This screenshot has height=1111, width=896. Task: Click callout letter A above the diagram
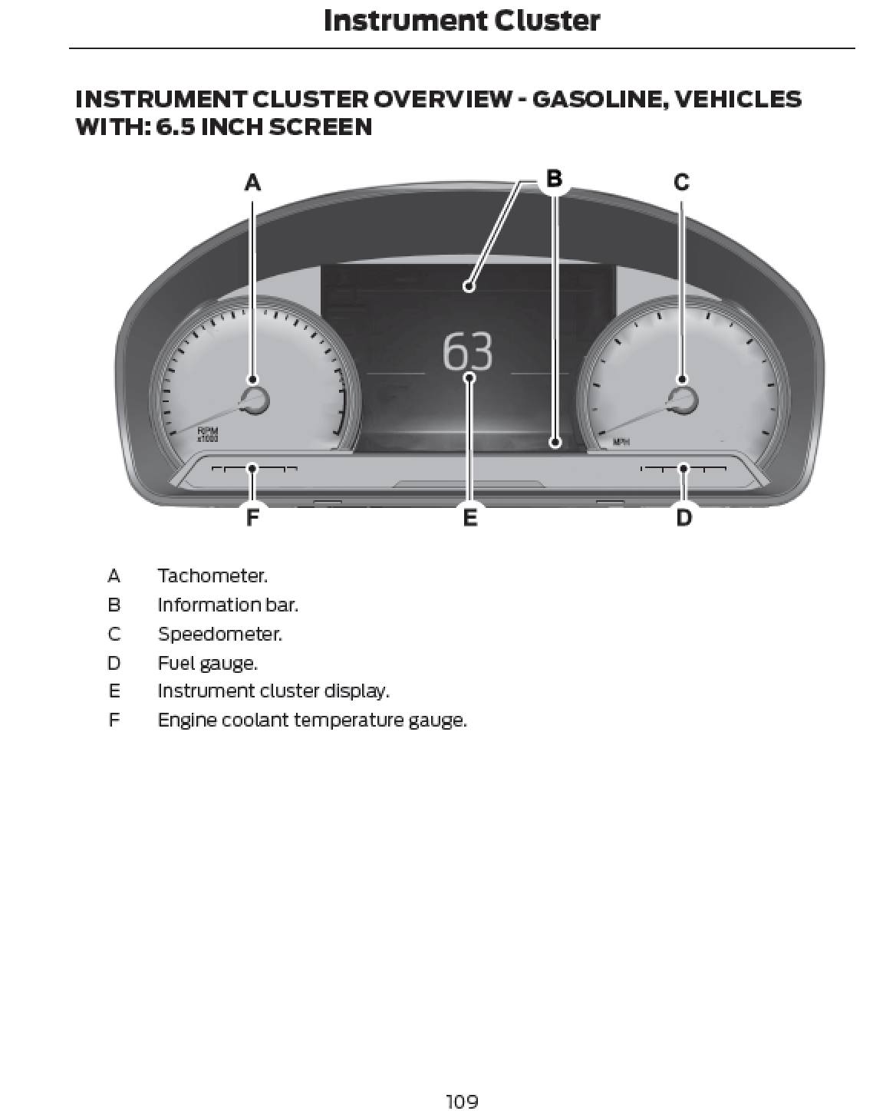pos(252,183)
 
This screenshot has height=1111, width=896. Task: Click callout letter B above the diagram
pos(554,179)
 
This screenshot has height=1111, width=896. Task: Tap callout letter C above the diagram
pos(681,183)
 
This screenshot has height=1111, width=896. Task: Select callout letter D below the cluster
pos(684,518)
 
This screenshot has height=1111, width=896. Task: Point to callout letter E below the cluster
pos(470,518)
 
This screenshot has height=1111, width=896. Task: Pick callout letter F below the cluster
pos(252,518)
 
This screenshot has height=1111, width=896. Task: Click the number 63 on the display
pos(468,352)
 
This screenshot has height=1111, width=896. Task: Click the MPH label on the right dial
pos(621,442)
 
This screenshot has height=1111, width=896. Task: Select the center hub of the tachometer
pos(254,401)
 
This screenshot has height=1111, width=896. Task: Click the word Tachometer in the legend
pos(212,575)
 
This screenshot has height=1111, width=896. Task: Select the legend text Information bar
pos(228,605)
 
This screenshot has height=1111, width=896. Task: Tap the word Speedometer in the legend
pos(219,634)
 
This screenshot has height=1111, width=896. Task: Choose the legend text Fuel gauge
pos(207,663)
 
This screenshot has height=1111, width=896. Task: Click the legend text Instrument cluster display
pos(273,691)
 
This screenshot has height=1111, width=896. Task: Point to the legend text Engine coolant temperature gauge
pos(311,720)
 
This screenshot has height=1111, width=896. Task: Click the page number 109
pos(462,1102)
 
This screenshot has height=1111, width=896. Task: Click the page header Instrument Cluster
pos(462,21)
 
